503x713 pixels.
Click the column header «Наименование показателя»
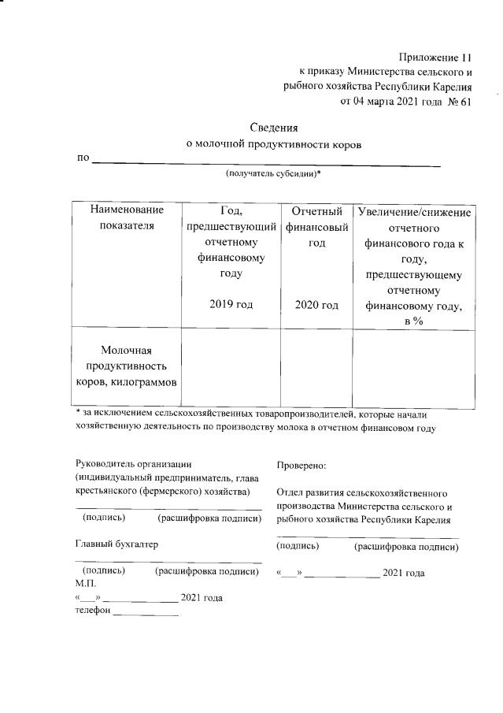tap(127, 218)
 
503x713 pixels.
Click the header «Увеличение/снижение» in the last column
tap(414, 212)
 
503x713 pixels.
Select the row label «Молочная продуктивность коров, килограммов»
tap(127, 366)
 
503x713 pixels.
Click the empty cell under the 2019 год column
tap(231, 368)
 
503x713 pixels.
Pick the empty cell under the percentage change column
tap(413, 368)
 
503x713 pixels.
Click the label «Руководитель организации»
tap(133, 464)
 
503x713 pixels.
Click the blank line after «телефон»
tap(146, 613)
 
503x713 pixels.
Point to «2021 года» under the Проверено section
tap(403, 573)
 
